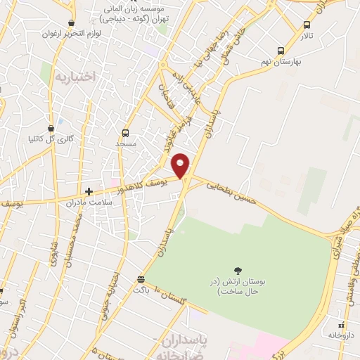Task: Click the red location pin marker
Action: (181, 165)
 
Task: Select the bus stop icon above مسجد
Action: (125, 132)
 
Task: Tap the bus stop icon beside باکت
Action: (141, 278)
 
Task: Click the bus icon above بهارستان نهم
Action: (281, 51)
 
